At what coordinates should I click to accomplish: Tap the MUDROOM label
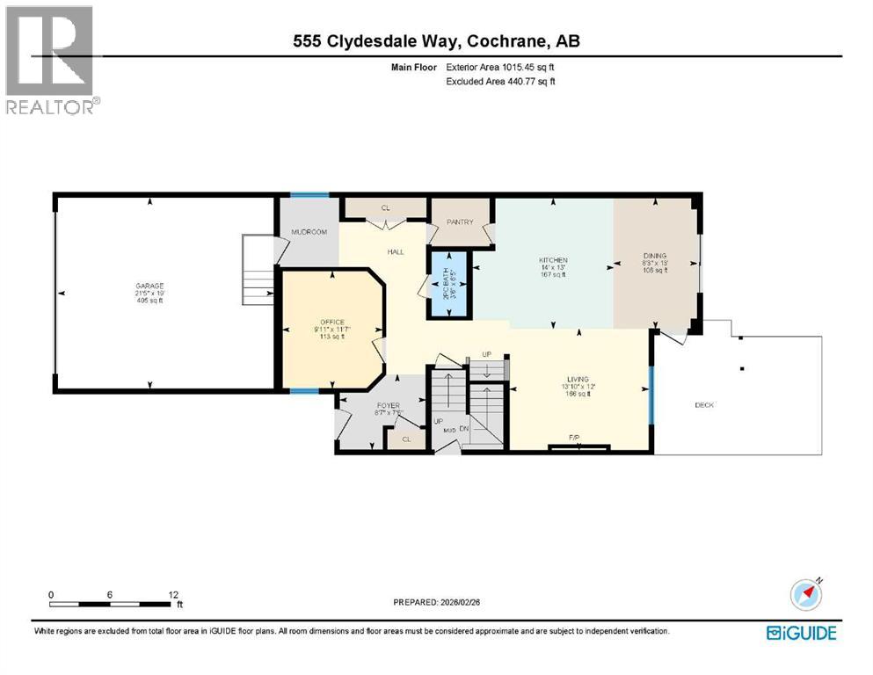tap(309, 232)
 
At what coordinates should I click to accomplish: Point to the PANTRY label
tap(460, 222)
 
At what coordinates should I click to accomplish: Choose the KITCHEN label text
tap(553, 260)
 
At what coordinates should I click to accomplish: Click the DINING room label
tap(655, 257)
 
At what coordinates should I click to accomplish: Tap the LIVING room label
tap(578, 379)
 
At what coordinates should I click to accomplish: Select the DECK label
tap(704, 405)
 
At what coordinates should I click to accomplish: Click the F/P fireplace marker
tap(574, 437)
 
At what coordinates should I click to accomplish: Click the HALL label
tap(396, 252)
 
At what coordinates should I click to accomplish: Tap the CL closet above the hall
tap(385, 209)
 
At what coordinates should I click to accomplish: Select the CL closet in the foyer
tap(406, 439)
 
